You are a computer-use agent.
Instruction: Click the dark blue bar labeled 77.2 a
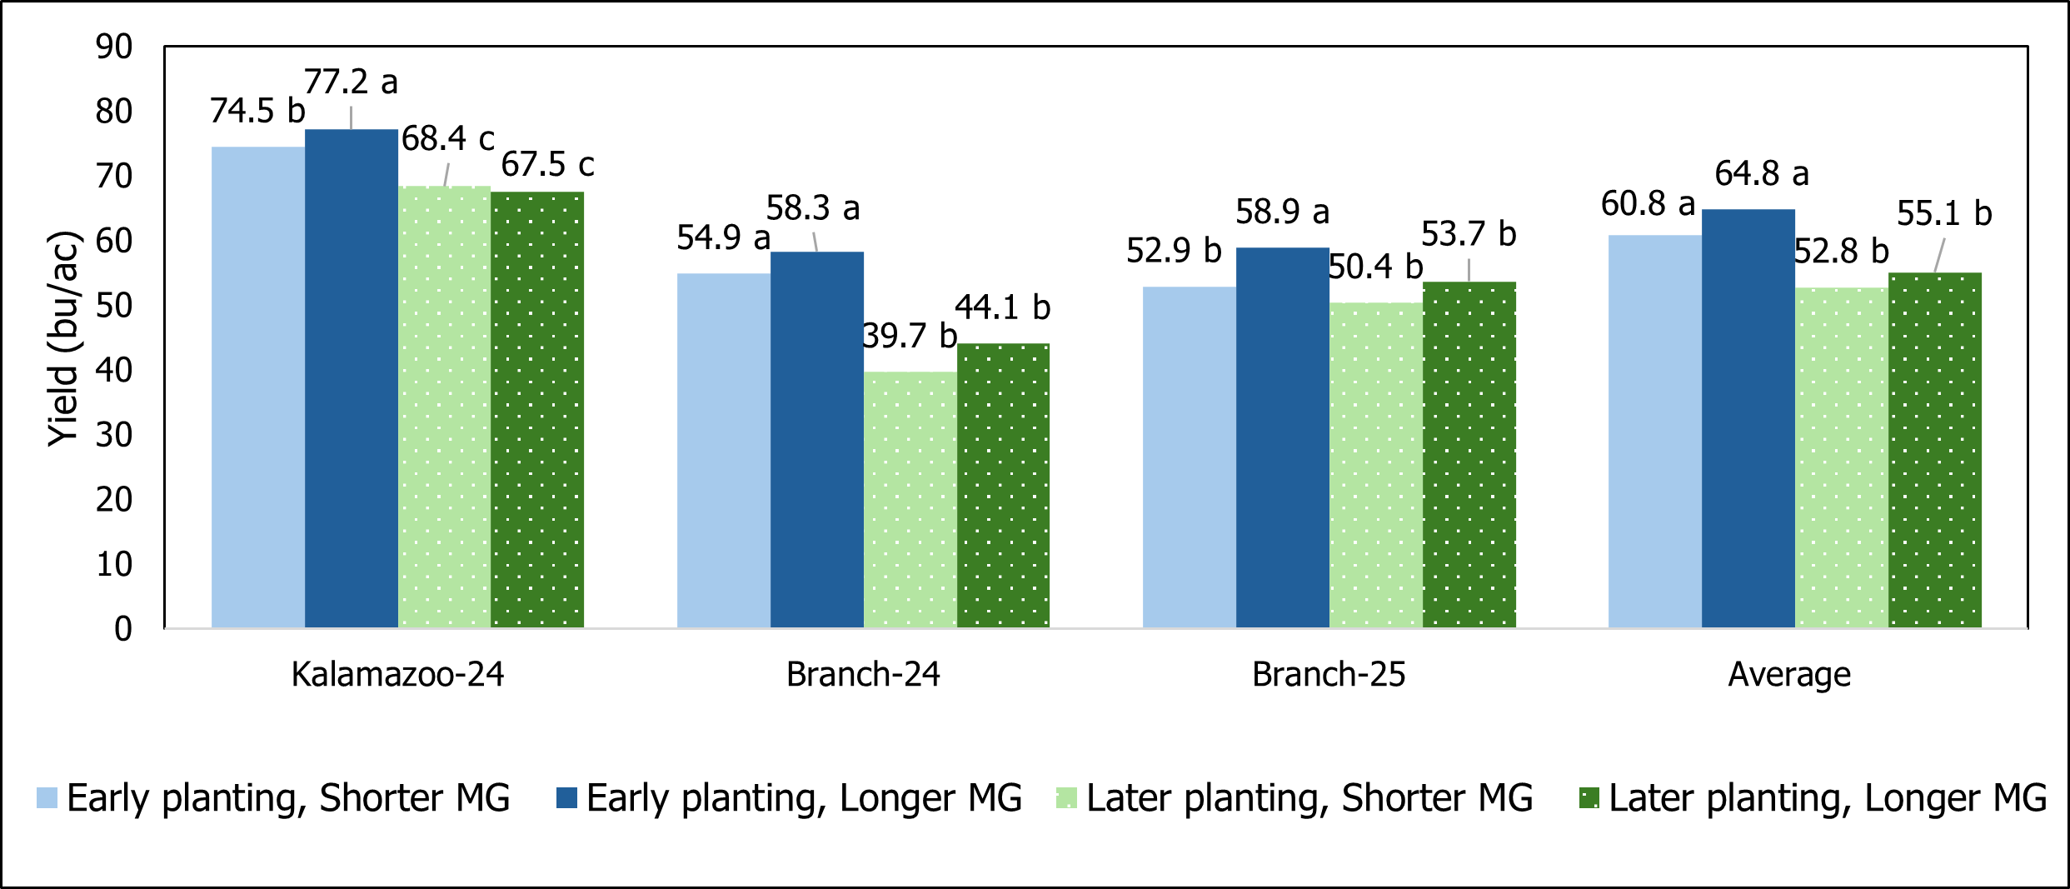351,379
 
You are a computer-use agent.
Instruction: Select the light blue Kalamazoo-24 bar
258,387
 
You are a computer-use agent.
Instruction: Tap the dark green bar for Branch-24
1003,486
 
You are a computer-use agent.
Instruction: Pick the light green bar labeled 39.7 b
910,500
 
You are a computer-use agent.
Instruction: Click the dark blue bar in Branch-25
1282,437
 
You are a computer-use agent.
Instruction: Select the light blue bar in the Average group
1654,432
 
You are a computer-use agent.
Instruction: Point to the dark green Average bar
1934,450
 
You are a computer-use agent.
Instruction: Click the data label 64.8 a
1761,174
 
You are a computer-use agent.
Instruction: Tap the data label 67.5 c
547,164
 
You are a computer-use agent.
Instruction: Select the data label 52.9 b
1173,251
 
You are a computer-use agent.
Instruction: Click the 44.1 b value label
1002,307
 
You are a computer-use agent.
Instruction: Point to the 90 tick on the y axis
114,47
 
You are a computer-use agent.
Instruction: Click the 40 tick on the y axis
114,370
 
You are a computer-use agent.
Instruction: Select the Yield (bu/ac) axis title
62,337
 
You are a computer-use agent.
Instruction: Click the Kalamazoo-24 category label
397,674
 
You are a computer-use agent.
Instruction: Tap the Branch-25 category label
1329,674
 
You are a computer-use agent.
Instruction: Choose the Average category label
1789,674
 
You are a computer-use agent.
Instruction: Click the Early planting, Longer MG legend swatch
566,798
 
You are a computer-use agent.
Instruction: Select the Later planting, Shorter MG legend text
1309,798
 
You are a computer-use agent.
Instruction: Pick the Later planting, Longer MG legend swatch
1589,798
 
